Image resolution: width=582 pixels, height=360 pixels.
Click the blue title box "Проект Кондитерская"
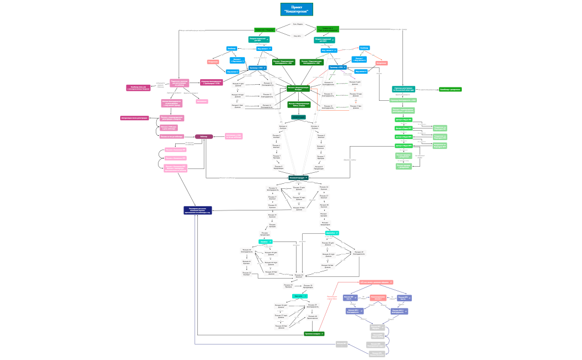(x=297, y=9)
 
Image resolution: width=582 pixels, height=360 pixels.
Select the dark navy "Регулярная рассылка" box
(x=198, y=210)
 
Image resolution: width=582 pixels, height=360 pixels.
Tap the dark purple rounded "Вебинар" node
(x=204, y=136)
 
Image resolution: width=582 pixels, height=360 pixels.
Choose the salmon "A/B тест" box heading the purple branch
(x=376, y=282)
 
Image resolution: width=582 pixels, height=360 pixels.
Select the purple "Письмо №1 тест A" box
(x=351, y=298)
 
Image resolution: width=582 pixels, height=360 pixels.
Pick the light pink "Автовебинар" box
(x=202, y=101)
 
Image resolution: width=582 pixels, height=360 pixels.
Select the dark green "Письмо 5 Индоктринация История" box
(x=298, y=89)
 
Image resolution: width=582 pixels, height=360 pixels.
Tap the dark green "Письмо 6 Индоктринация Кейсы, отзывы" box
(x=298, y=104)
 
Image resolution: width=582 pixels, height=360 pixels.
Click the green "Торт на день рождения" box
(x=328, y=29)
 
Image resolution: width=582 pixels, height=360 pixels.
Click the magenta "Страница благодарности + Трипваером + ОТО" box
(x=211, y=82)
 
